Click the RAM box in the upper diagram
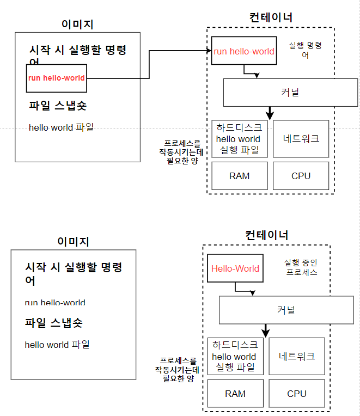(x=240, y=176)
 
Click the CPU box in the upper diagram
(x=301, y=176)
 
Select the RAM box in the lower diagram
(x=235, y=394)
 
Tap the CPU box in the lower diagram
(x=297, y=394)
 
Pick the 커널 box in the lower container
(x=286, y=310)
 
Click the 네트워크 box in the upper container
(x=301, y=138)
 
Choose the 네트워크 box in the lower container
(x=297, y=356)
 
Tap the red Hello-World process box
(x=235, y=268)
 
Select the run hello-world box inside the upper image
(x=57, y=78)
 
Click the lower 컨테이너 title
(x=267, y=235)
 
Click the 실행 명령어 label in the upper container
(x=305, y=50)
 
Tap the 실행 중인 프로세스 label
(x=301, y=267)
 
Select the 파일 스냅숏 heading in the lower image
(x=54, y=322)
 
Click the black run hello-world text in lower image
(x=55, y=302)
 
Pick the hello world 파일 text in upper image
(x=61, y=127)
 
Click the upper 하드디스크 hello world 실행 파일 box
(x=240, y=138)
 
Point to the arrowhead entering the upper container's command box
(x=209, y=51)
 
